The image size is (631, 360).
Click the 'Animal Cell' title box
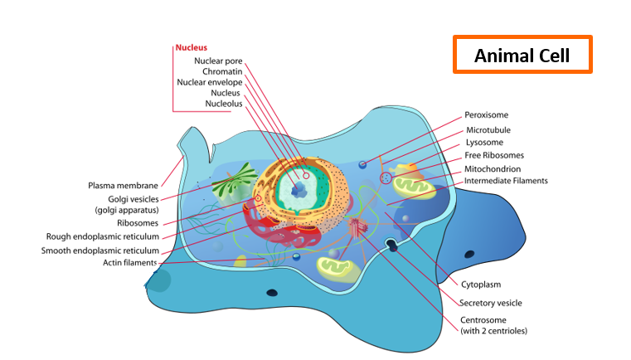[522, 55]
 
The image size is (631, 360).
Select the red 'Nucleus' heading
[192, 47]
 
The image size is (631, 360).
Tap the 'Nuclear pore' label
[218, 61]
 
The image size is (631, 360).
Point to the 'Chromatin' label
[222, 71]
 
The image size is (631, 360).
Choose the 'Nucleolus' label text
[224, 104]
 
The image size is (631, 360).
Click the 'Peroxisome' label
[486, 115]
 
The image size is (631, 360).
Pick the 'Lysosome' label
[484, 143]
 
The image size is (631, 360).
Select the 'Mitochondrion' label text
[493, 169]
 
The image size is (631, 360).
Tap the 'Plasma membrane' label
[124, 186]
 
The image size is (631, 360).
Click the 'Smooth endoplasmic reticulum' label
[100, 251]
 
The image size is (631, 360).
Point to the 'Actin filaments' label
[130, 263]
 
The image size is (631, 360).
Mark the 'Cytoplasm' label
[481, 285]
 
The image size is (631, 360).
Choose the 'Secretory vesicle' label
[491, 304]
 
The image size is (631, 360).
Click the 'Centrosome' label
[483, 320]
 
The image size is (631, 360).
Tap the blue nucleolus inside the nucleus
[299, 189]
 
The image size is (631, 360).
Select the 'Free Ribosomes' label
[494, 155]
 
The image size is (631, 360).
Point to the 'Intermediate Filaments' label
[506, 181]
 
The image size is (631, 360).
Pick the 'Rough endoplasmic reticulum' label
[103, 236]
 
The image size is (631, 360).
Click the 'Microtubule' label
[488, 130]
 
